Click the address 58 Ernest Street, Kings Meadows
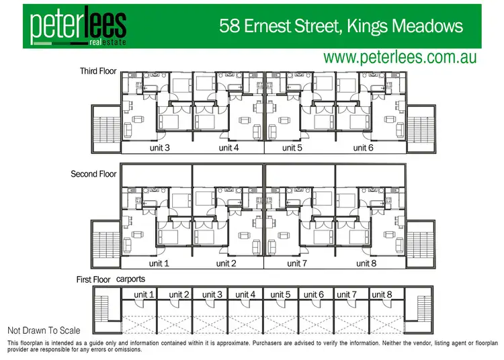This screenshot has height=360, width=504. coord(342,26)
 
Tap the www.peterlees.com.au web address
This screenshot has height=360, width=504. coord(400,57)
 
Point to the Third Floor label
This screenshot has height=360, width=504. coord(98,71)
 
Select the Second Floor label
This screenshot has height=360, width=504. coord(93,174)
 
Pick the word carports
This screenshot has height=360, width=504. coord(132,279)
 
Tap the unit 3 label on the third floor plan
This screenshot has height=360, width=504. coord(159,148)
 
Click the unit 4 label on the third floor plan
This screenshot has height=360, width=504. coord(229,148)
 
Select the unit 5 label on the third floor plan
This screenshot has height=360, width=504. coord(293,148)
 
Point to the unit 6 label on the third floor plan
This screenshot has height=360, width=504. coord(364,148)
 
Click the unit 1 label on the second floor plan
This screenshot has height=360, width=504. coord(159,263)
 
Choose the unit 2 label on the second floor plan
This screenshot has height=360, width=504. coord(226,263)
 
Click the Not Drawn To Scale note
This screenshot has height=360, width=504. coord(44,330)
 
